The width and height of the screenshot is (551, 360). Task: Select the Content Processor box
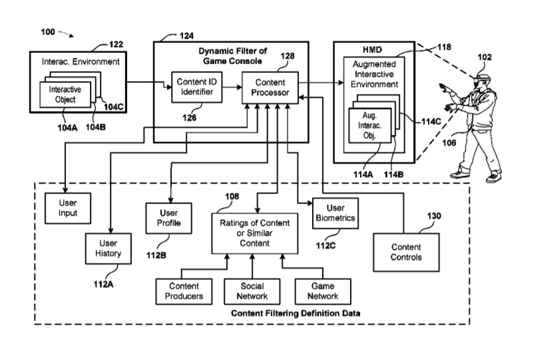pos(270,87)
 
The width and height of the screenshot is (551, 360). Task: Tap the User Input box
pos(67,208)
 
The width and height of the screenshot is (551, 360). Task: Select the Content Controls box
pos(406,252)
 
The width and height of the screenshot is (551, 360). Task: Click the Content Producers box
pos(180,291)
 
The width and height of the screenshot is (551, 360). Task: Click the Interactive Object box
pos(66,94)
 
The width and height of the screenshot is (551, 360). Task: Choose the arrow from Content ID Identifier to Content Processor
pos(232,87)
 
